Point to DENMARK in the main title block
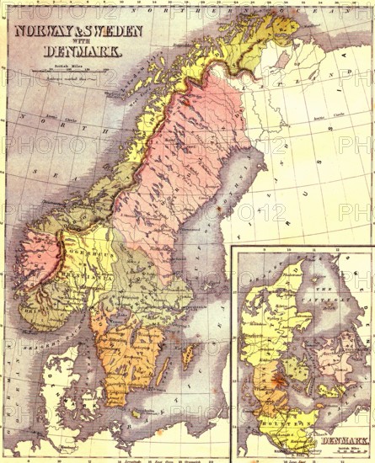coord(82,51)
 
